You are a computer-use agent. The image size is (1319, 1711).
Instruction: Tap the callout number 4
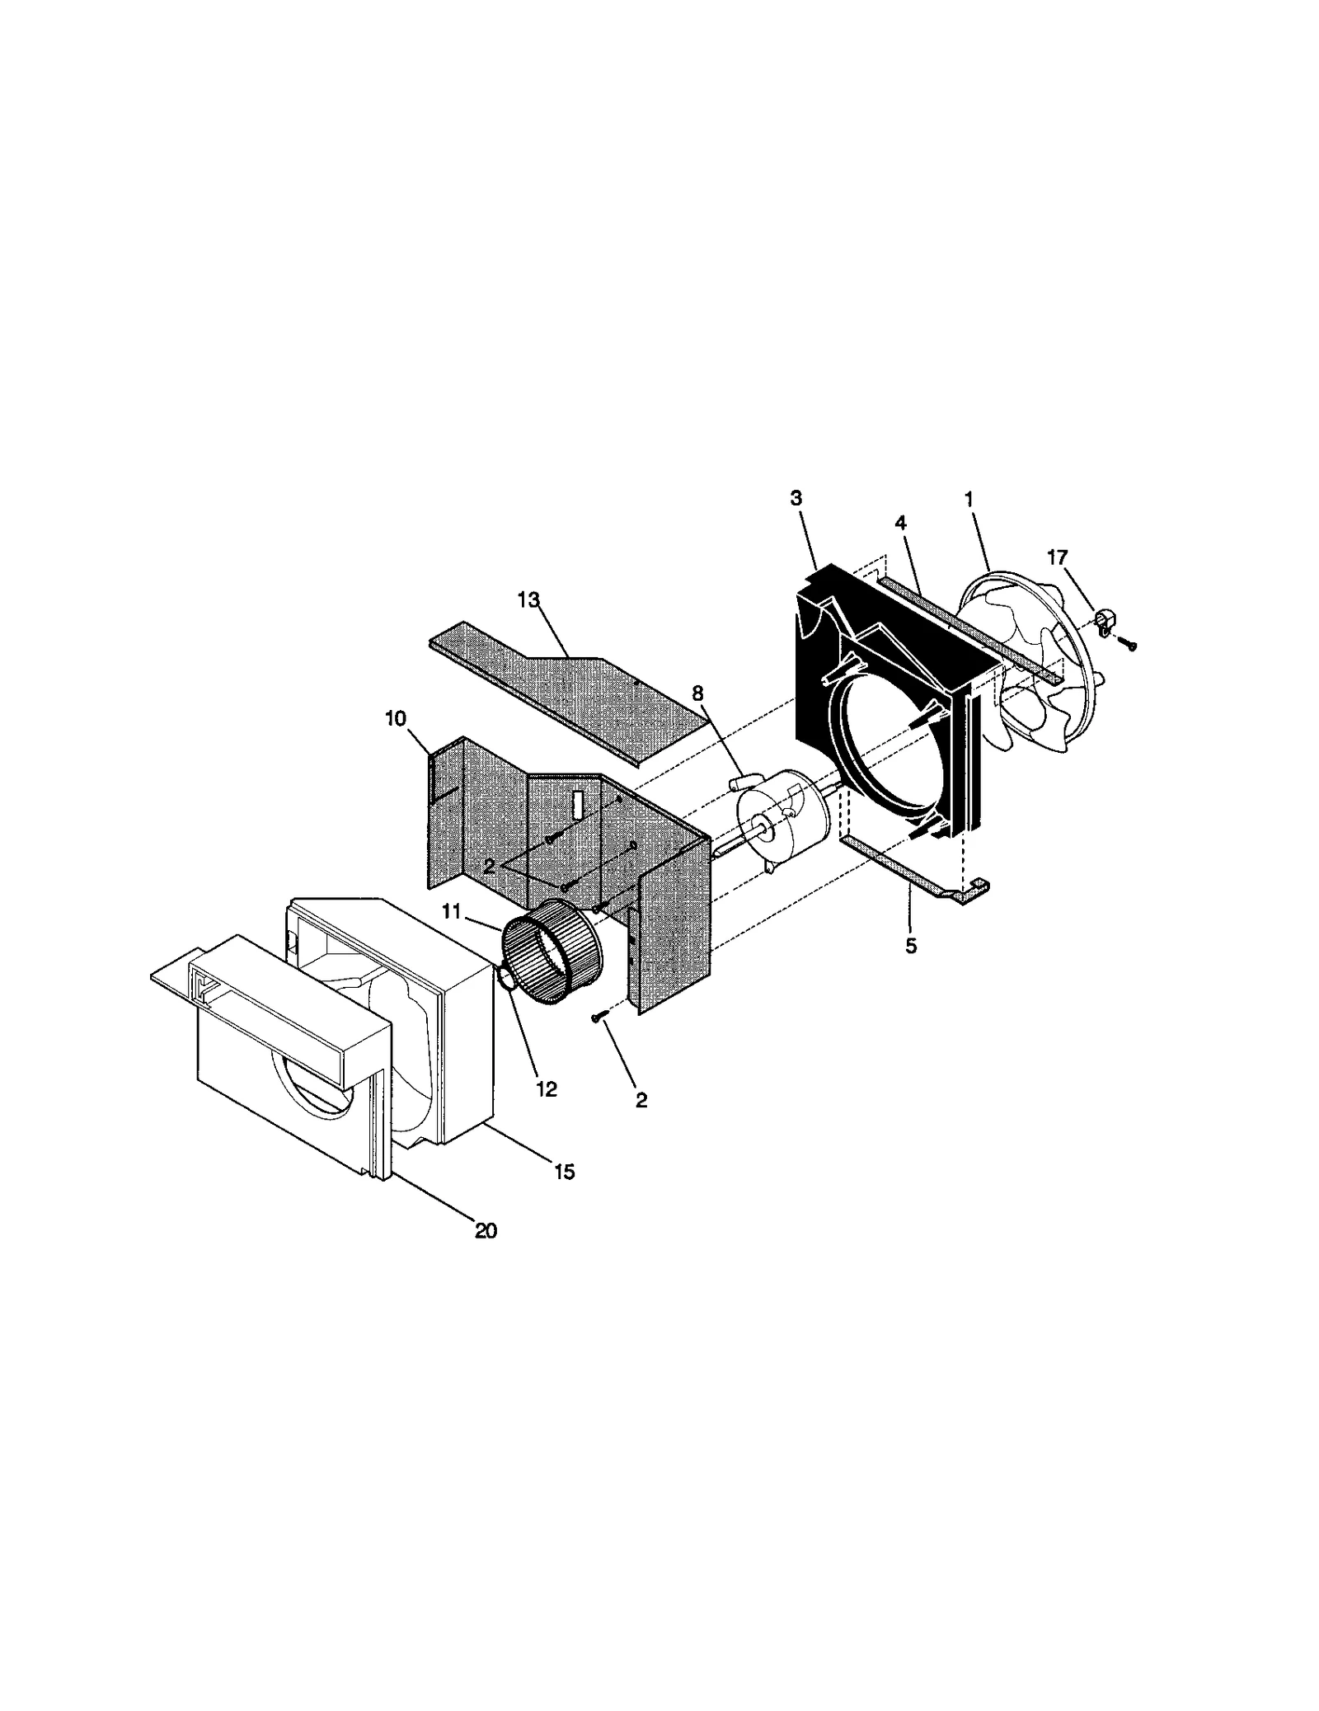pos(900,523)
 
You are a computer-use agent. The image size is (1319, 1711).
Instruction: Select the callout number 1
pos(969,499)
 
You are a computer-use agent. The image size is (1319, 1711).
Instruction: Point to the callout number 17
pos(1057,558)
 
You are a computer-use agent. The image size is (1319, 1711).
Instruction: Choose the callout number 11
pos(451,912)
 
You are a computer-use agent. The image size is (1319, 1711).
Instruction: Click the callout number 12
pos(546,1089)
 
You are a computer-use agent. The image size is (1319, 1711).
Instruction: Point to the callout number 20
pos(486,1230)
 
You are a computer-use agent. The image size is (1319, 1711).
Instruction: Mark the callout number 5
pos(911,946)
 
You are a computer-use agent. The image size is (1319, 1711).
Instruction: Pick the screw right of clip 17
pos(1131,646)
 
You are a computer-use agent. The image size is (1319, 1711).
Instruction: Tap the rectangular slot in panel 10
pos(578,804)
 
